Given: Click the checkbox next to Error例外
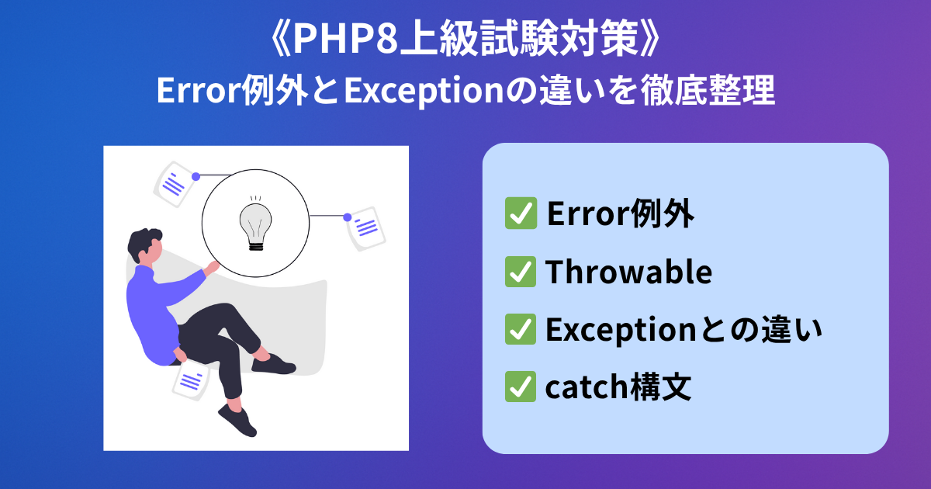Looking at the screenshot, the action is [521, 213].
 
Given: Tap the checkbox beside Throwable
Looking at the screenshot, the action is [521, 272].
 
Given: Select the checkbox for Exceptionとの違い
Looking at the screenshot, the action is [521, 329].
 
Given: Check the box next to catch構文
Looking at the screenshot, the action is [521, 387].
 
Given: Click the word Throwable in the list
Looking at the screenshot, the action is [628, 272].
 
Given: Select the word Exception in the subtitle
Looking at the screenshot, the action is [424, 92].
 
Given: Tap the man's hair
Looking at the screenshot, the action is [144, 243].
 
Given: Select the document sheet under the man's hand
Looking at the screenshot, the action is [191, 380].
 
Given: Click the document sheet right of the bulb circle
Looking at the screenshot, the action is [366, 229].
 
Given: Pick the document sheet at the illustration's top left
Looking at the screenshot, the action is [175, 184].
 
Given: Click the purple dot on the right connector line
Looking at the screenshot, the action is [348, 217].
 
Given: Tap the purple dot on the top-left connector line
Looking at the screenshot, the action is [196, 177].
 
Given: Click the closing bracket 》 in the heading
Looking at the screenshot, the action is [649, 39].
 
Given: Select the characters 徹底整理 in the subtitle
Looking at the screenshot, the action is [708, 91].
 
